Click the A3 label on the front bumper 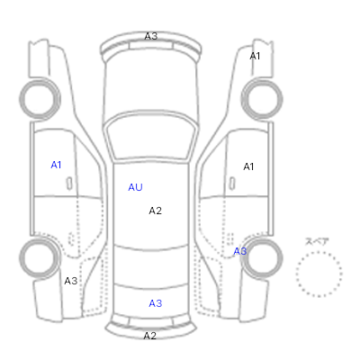click(x=151, y=36)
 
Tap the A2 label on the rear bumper click(x=150, y=336)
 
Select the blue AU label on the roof click(x=135, y=187)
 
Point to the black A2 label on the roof click(x=156, y=211)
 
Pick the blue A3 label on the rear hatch click(x=156, y=303)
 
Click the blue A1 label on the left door click(x=56, y=165)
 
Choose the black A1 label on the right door click(x=248, y=166)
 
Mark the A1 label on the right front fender click(x=255, y=56)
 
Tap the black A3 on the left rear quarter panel click(x=71, y=281)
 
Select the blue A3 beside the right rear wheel click(x=240, y=251)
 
